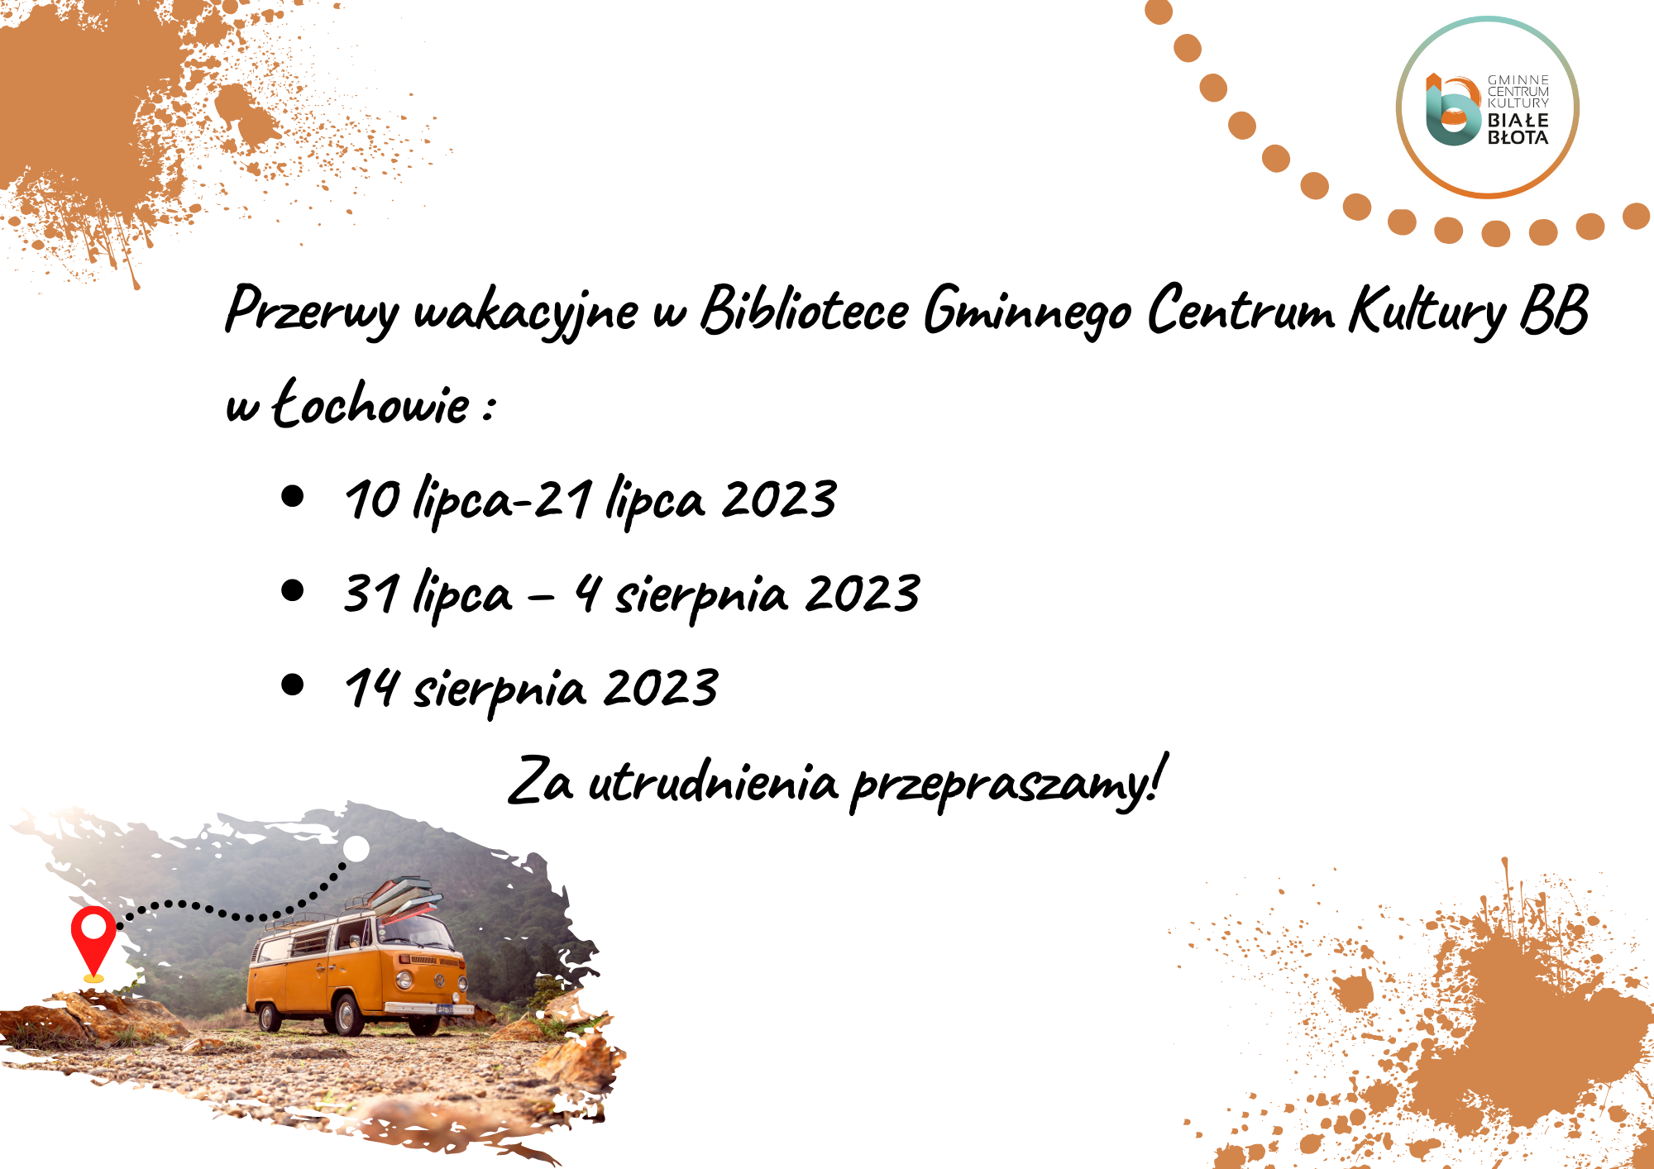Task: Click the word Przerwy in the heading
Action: (x=312, y=311)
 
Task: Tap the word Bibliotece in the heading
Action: (x=805, y=309)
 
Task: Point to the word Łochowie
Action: (x=371, y=403)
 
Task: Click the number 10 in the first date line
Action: (x=373, y=499)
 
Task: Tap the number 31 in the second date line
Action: (x=371, y=593)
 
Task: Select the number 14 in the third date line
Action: (x=371, y=688)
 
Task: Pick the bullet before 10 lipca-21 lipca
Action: (x=293, y=496)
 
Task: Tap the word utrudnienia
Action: (x=713, y=780)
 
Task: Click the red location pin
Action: (x=93, y=943)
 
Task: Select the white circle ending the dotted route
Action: (x=356, y=849)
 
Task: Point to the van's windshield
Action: (x=414, y=932)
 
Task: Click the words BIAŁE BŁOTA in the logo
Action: (x=1518, y=129)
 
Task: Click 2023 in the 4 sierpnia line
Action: (x=863, y=593)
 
